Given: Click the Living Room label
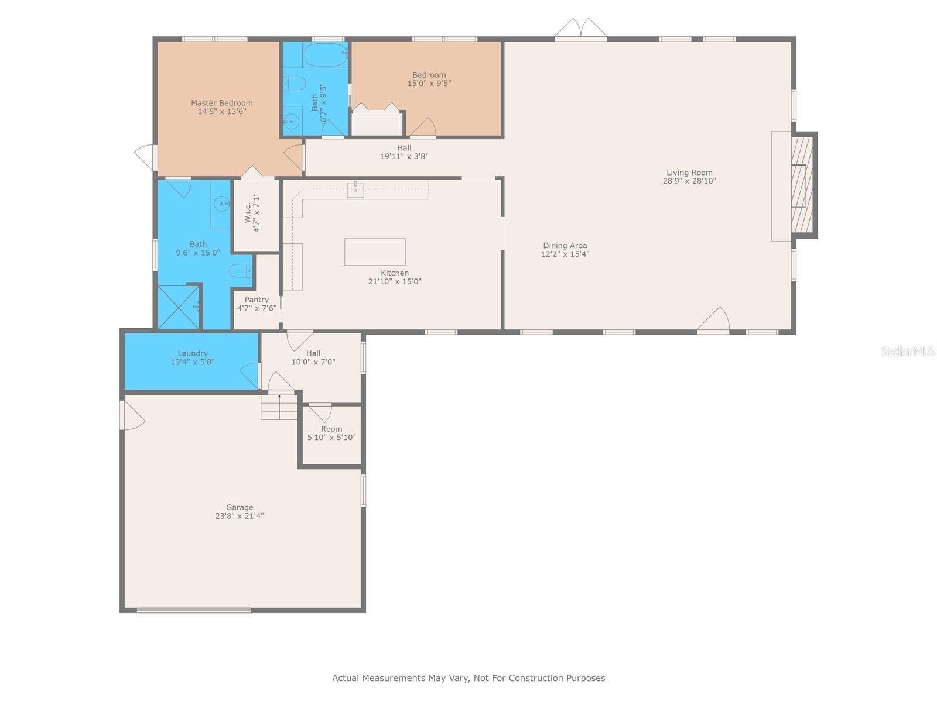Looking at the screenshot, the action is click(x=689, y=177).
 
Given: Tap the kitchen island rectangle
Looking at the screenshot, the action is click(x=375, y=252).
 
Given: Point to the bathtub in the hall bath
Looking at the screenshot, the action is click(x=325, y=55).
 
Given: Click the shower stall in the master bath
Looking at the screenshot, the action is click(x=179, y=307).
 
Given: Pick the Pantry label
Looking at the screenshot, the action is click(x=257, y=304).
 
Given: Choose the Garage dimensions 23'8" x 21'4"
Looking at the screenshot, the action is click(x=240, y=516).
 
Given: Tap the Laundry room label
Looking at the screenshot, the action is click(x=193, y=357).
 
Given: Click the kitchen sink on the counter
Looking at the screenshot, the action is click(x=355, y=190).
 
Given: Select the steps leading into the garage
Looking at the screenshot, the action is click(x=279, y=407).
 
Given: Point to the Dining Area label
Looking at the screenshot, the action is click(x=565, y=249).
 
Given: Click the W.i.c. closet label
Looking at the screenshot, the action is click(x=252, y=212).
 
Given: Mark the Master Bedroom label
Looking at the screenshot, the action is click(x=221, y=107).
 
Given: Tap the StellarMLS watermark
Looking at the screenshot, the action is click(x=908, y=351).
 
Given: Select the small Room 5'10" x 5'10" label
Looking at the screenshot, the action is click(x=331, y=433).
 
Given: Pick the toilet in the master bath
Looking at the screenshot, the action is click(x=241, y=271).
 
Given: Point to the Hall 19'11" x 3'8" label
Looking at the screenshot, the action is click(x=404, y=152).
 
